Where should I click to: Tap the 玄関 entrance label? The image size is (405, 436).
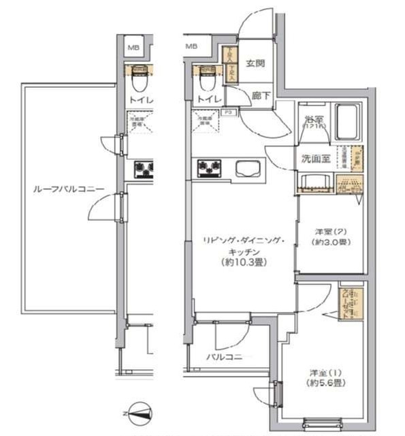point(255,64)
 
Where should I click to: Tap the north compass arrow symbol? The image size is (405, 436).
point(140,411)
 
